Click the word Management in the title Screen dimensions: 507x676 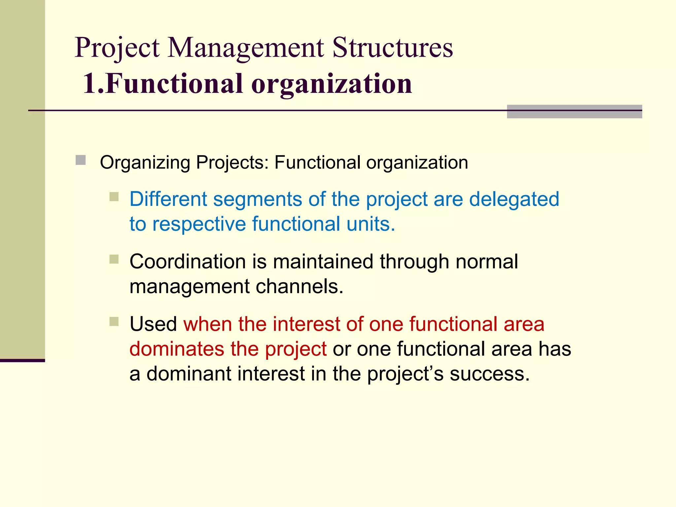[x=246, y=48]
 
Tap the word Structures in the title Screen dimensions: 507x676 [x=392, y=48]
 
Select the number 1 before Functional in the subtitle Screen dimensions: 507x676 [x=90, y=84]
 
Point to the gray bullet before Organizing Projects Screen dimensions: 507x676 [x=81, y=160]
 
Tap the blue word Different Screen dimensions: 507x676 [x=168, y=199]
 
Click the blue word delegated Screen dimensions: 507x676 [x=514, y=199]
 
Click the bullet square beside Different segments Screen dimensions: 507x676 [x=114, y=197]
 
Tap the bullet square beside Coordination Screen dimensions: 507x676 [x=114, y=259]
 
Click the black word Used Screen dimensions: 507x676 [x=153, y=324]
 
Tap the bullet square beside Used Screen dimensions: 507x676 [x=114, y=321]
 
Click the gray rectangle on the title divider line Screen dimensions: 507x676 [x=574, y=112]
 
